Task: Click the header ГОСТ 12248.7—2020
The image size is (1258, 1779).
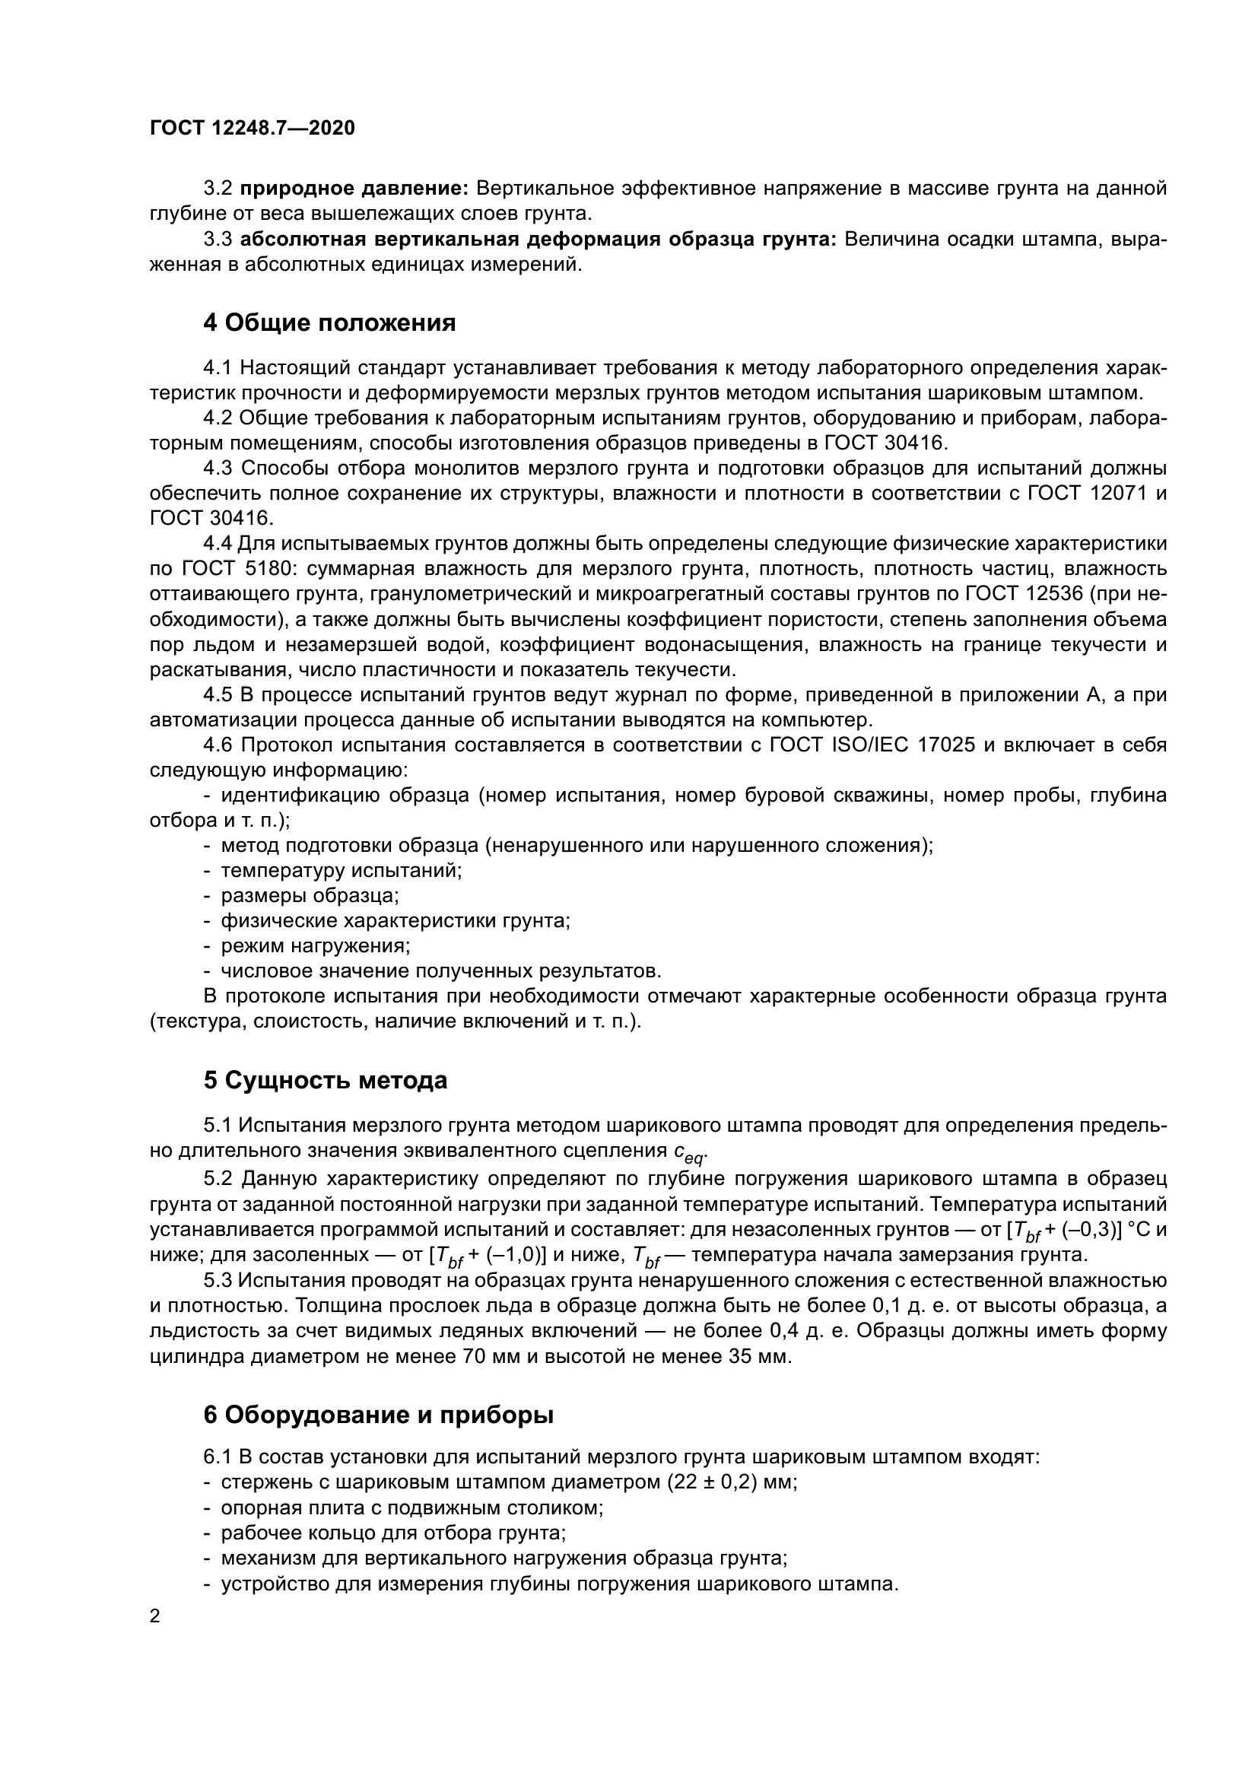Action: coord(253,129)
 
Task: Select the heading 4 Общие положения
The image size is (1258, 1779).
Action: coord(329,322)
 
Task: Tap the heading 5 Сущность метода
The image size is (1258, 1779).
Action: coord(326,1080)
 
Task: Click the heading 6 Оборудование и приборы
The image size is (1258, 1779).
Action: coord(378,1414)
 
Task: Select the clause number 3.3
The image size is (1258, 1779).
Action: coord(218,240)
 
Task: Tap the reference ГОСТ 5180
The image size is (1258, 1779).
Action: coord(237,570)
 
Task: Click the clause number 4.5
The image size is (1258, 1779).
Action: coord(218,695)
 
